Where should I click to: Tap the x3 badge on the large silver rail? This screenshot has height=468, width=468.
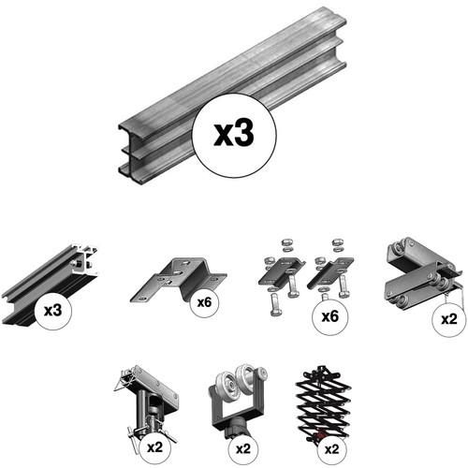coord(234,136)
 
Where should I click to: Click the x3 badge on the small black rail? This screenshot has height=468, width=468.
coord(53,311)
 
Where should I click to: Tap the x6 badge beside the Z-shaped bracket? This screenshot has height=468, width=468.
coord(204,302)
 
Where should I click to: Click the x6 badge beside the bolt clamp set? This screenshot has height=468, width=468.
coord(330,316)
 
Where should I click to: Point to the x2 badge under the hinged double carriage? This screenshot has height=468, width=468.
coord(449,319)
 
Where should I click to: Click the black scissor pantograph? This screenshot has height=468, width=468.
coord(323,402)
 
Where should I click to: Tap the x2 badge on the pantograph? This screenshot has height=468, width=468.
coord(331,449)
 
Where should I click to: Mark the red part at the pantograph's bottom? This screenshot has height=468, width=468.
coord(319,435)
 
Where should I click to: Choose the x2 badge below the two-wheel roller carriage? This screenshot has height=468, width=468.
coord(243,449)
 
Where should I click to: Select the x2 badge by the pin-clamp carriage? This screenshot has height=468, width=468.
coord(155,447)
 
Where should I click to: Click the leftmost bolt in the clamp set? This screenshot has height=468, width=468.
coord(275,305)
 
